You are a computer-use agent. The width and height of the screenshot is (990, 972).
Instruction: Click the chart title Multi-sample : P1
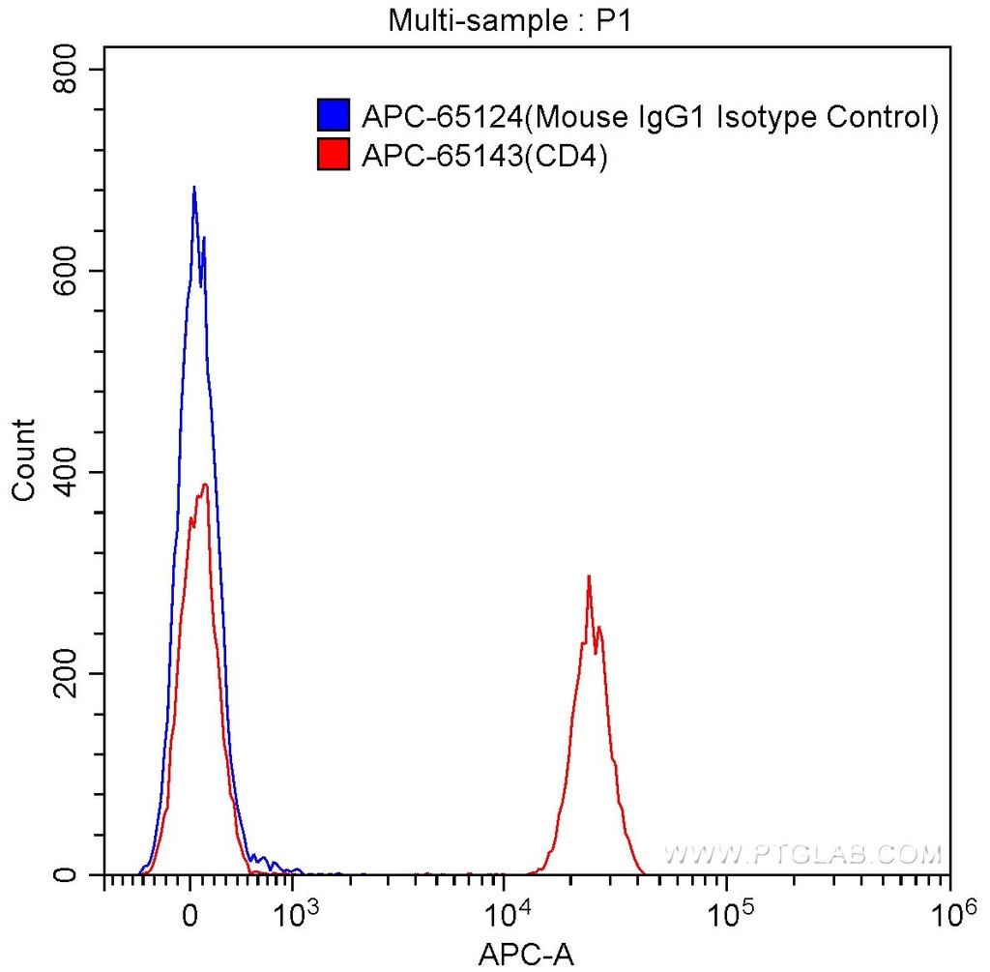tap(510, 19)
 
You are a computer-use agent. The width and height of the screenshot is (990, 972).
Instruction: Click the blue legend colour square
tap(333, 115)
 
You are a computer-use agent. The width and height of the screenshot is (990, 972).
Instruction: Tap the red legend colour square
tap(333, 154)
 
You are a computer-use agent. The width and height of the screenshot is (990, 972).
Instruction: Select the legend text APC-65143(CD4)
tap(483, 155)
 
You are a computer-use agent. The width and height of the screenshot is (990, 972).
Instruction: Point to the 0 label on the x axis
tap(191, 914)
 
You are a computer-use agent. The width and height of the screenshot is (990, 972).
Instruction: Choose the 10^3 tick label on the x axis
tap(295, 911)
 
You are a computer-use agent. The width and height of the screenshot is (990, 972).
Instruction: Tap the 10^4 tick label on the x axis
tap(505, 911)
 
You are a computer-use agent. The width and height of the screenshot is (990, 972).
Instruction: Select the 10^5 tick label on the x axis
tap(727, 911)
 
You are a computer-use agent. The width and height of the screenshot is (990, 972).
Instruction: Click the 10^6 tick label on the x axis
tap(951, 911)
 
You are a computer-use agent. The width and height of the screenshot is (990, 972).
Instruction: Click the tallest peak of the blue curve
tap(194, 188)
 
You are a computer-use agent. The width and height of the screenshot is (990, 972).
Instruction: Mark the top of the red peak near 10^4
tap(588, 576)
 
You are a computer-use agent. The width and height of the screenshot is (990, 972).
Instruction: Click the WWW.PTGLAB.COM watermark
tap(801, 854)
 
